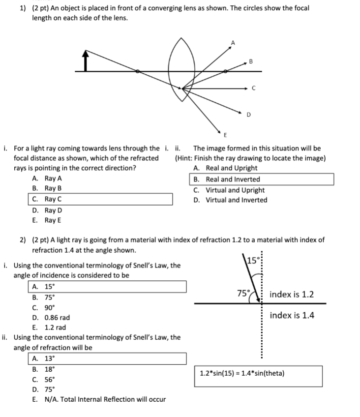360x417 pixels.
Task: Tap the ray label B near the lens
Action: tap(251, 61)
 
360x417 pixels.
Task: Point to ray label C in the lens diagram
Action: tap(253, 89)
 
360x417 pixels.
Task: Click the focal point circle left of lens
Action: tap(138, 72)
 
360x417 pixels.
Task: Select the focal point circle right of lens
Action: tap(225, 72)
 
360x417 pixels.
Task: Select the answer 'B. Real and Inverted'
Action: tap(233, 179)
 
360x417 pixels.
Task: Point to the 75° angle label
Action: tap(243, 294)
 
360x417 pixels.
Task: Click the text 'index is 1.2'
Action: tap(292, 295)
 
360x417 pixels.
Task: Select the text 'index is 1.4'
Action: tap(292, 315)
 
